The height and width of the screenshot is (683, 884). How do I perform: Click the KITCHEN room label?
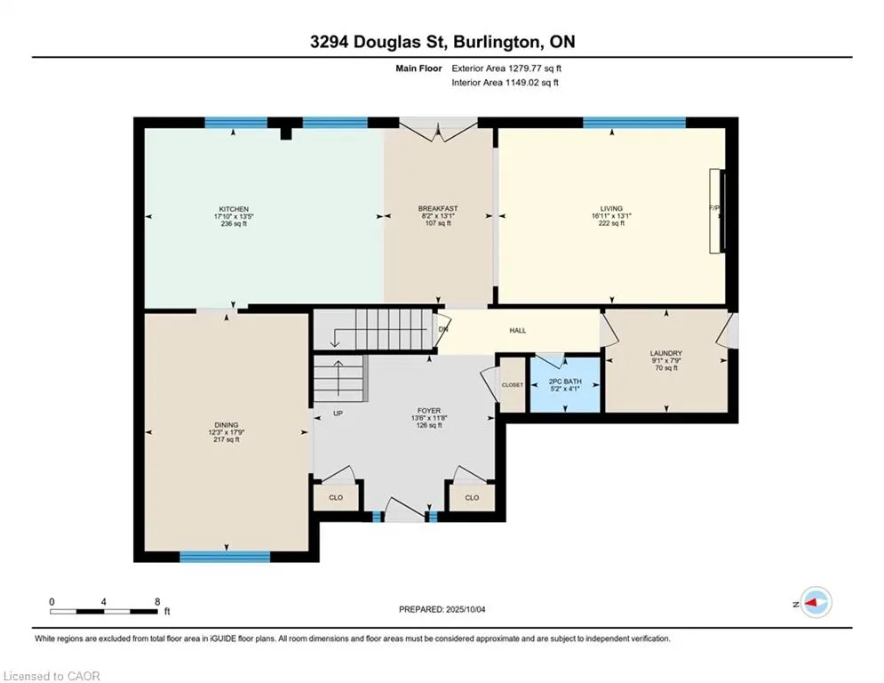(234, 209)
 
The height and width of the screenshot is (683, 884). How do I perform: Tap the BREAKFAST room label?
(438, 209)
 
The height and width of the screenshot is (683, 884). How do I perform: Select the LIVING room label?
(611, 208)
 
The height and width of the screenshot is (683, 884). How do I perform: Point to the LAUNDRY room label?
(665, 353)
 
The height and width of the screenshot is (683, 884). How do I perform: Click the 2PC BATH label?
(565, 382)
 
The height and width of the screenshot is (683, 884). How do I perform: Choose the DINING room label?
(226, 425)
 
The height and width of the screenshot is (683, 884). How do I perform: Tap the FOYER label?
(429, 411)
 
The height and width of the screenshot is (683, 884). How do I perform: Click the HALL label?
(518, 331)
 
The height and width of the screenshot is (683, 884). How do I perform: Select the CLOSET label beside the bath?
(513, 385)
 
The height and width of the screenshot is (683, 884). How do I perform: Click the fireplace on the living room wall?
(717, 211)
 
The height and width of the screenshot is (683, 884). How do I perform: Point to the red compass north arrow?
(811, 603)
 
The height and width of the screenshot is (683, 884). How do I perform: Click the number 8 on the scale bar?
(157, 602)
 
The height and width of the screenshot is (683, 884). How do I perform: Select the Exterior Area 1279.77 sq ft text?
(506, 68)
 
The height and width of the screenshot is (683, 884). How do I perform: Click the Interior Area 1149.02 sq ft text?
(506, 83)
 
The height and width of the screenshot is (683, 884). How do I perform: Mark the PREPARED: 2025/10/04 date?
(442, 609)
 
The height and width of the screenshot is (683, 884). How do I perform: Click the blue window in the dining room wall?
(225, 557)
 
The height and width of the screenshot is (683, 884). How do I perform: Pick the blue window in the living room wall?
(634, 123)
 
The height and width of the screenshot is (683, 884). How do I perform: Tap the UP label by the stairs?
(338, 414)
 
